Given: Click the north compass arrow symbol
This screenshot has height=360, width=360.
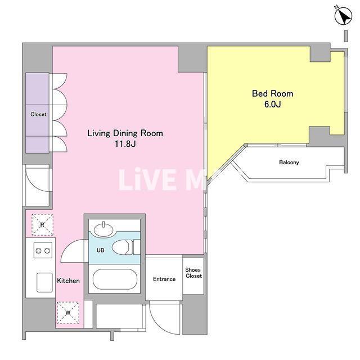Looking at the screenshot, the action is pyautogui.click(x=343, y=16).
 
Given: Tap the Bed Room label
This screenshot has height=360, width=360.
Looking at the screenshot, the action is pyautogui.click(x=272, y=93).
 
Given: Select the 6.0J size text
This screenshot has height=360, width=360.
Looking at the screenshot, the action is pyautogui.click(x=272, y=104).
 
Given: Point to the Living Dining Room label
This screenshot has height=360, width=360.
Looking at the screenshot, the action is pyautogui.click(x=125, y=133).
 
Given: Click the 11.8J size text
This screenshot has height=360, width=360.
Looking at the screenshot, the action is pyautogui.click(x=125, y=144).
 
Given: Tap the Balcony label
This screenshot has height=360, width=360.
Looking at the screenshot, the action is pyautogui.click(x=289, y=163).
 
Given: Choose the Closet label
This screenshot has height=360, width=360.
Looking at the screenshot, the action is pyautogui.click(x=38, y=114).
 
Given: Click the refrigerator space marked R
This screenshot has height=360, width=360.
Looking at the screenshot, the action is pyautogui.click(x=42, y=225).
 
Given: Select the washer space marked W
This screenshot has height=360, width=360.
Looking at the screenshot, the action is pyautogui.click(x=68, y=313).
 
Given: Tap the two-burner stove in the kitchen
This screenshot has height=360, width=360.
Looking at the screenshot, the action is pyautogui.click(x=43, y=250).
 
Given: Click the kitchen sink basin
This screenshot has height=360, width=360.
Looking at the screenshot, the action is pyautogui.click(x=44, y=282).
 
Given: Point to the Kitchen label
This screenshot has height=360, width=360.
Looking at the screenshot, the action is pyautogui.click(x=69, y=281).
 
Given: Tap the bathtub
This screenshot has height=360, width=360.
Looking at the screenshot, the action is pyautogui.click(x=115, y=279).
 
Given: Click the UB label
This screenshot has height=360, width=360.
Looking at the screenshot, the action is pyautogui.click(x=100, y=250).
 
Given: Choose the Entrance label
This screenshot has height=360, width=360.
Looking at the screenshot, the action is pyautogui.click(x=164, y=279).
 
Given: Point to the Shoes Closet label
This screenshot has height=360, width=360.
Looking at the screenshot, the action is pyautogui.click(x=193, y=273).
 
